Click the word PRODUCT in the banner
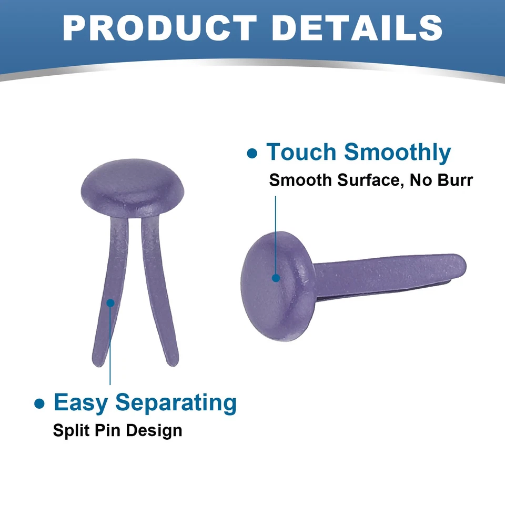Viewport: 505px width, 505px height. click(159, 28)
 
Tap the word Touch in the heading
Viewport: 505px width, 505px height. click(301, 151)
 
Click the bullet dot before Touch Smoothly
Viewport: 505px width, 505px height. click(252, 153)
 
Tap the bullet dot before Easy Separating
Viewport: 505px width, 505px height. click(39, 403)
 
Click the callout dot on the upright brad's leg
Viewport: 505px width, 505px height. click(110, 303)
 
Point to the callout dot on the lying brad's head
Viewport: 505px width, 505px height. click(276, 278)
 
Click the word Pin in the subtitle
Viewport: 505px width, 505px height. click(107, 431)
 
